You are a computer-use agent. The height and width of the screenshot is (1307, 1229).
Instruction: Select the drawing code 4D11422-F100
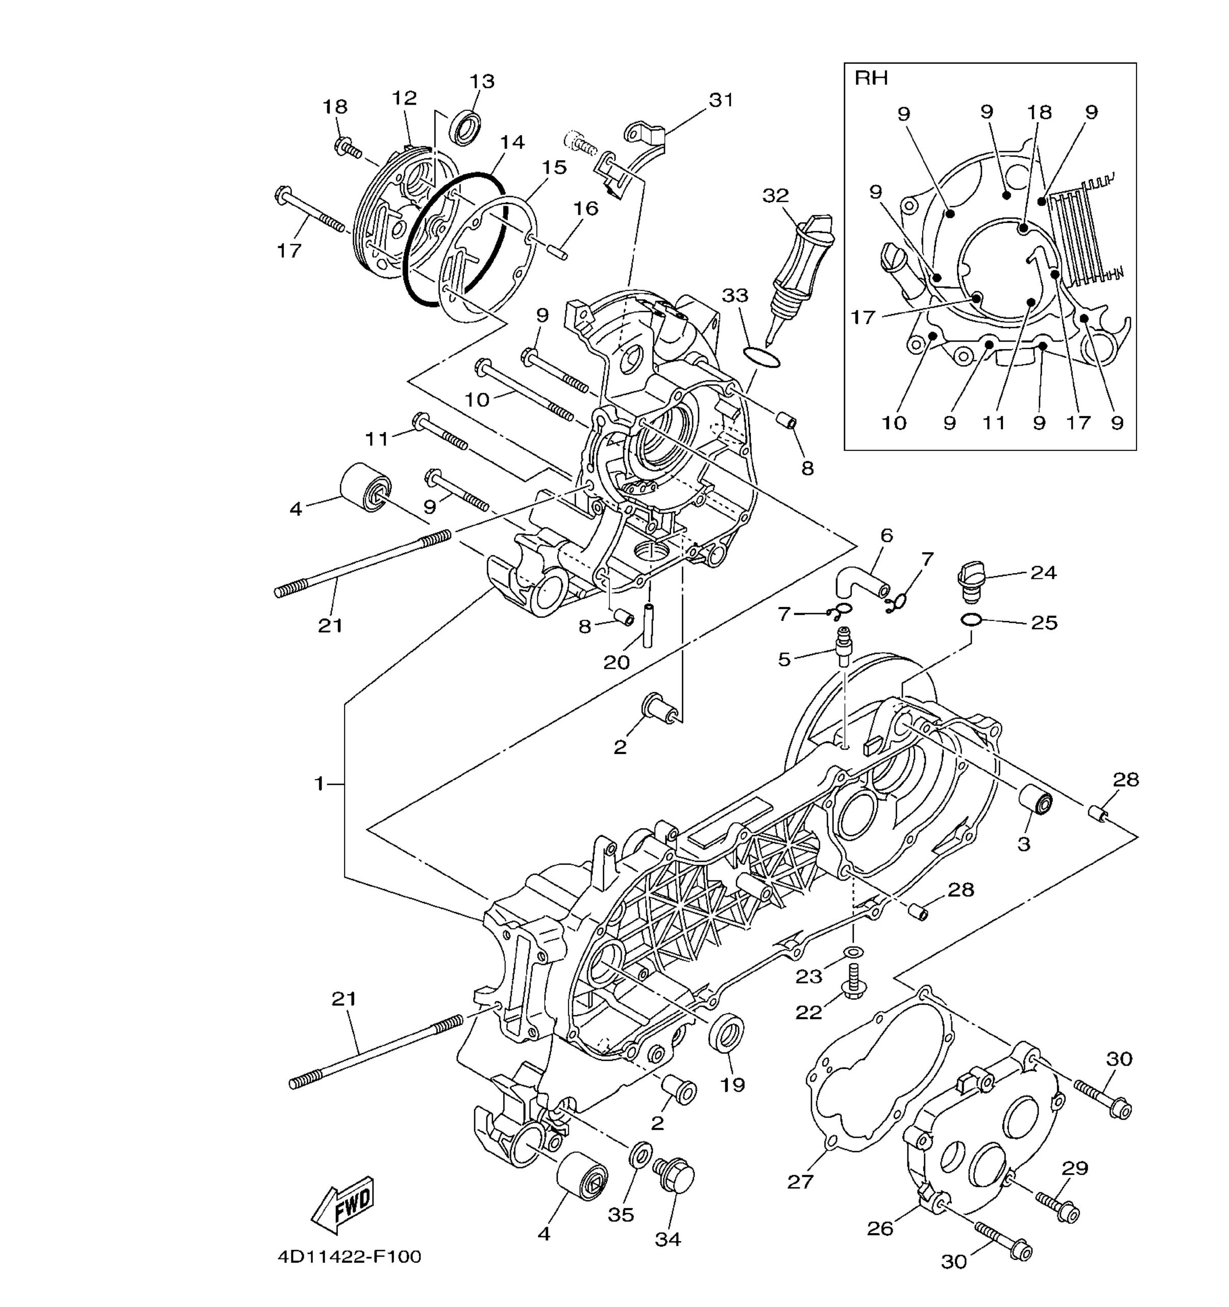349,1257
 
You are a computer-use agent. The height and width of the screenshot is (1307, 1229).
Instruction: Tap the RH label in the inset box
871,78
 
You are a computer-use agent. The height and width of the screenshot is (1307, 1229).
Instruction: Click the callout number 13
482,82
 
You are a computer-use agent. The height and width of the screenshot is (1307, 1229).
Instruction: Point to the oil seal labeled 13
464,128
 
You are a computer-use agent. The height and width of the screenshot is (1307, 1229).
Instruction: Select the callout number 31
721,100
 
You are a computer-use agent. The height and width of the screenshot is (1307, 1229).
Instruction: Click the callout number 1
319,784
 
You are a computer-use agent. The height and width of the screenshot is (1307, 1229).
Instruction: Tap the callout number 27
800,1182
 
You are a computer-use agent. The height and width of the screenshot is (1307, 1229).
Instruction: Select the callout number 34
668,1239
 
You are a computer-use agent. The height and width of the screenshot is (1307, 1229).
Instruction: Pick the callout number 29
1075,1168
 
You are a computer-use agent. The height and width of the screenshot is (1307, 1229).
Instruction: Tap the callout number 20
617,662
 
